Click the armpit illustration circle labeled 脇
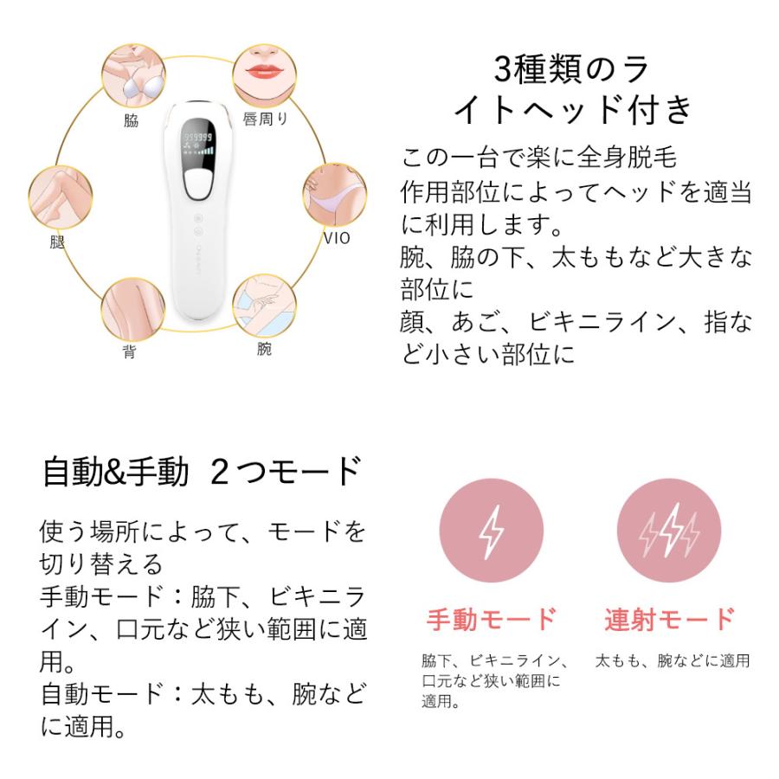click(x=131, y=76)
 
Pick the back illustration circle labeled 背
click(x=132, y=308)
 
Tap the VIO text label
click(x=337, y=238)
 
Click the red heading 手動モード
click(x=491, y=620)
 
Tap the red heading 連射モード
click(x=668, y=620)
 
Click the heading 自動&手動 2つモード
click(x=201, y=472)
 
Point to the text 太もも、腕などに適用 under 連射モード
click(x=673, y=661)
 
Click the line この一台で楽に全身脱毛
click(x=538, y=158)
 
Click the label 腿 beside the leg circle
click(x=57, y=242)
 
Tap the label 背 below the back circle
click(x=128, y=353)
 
